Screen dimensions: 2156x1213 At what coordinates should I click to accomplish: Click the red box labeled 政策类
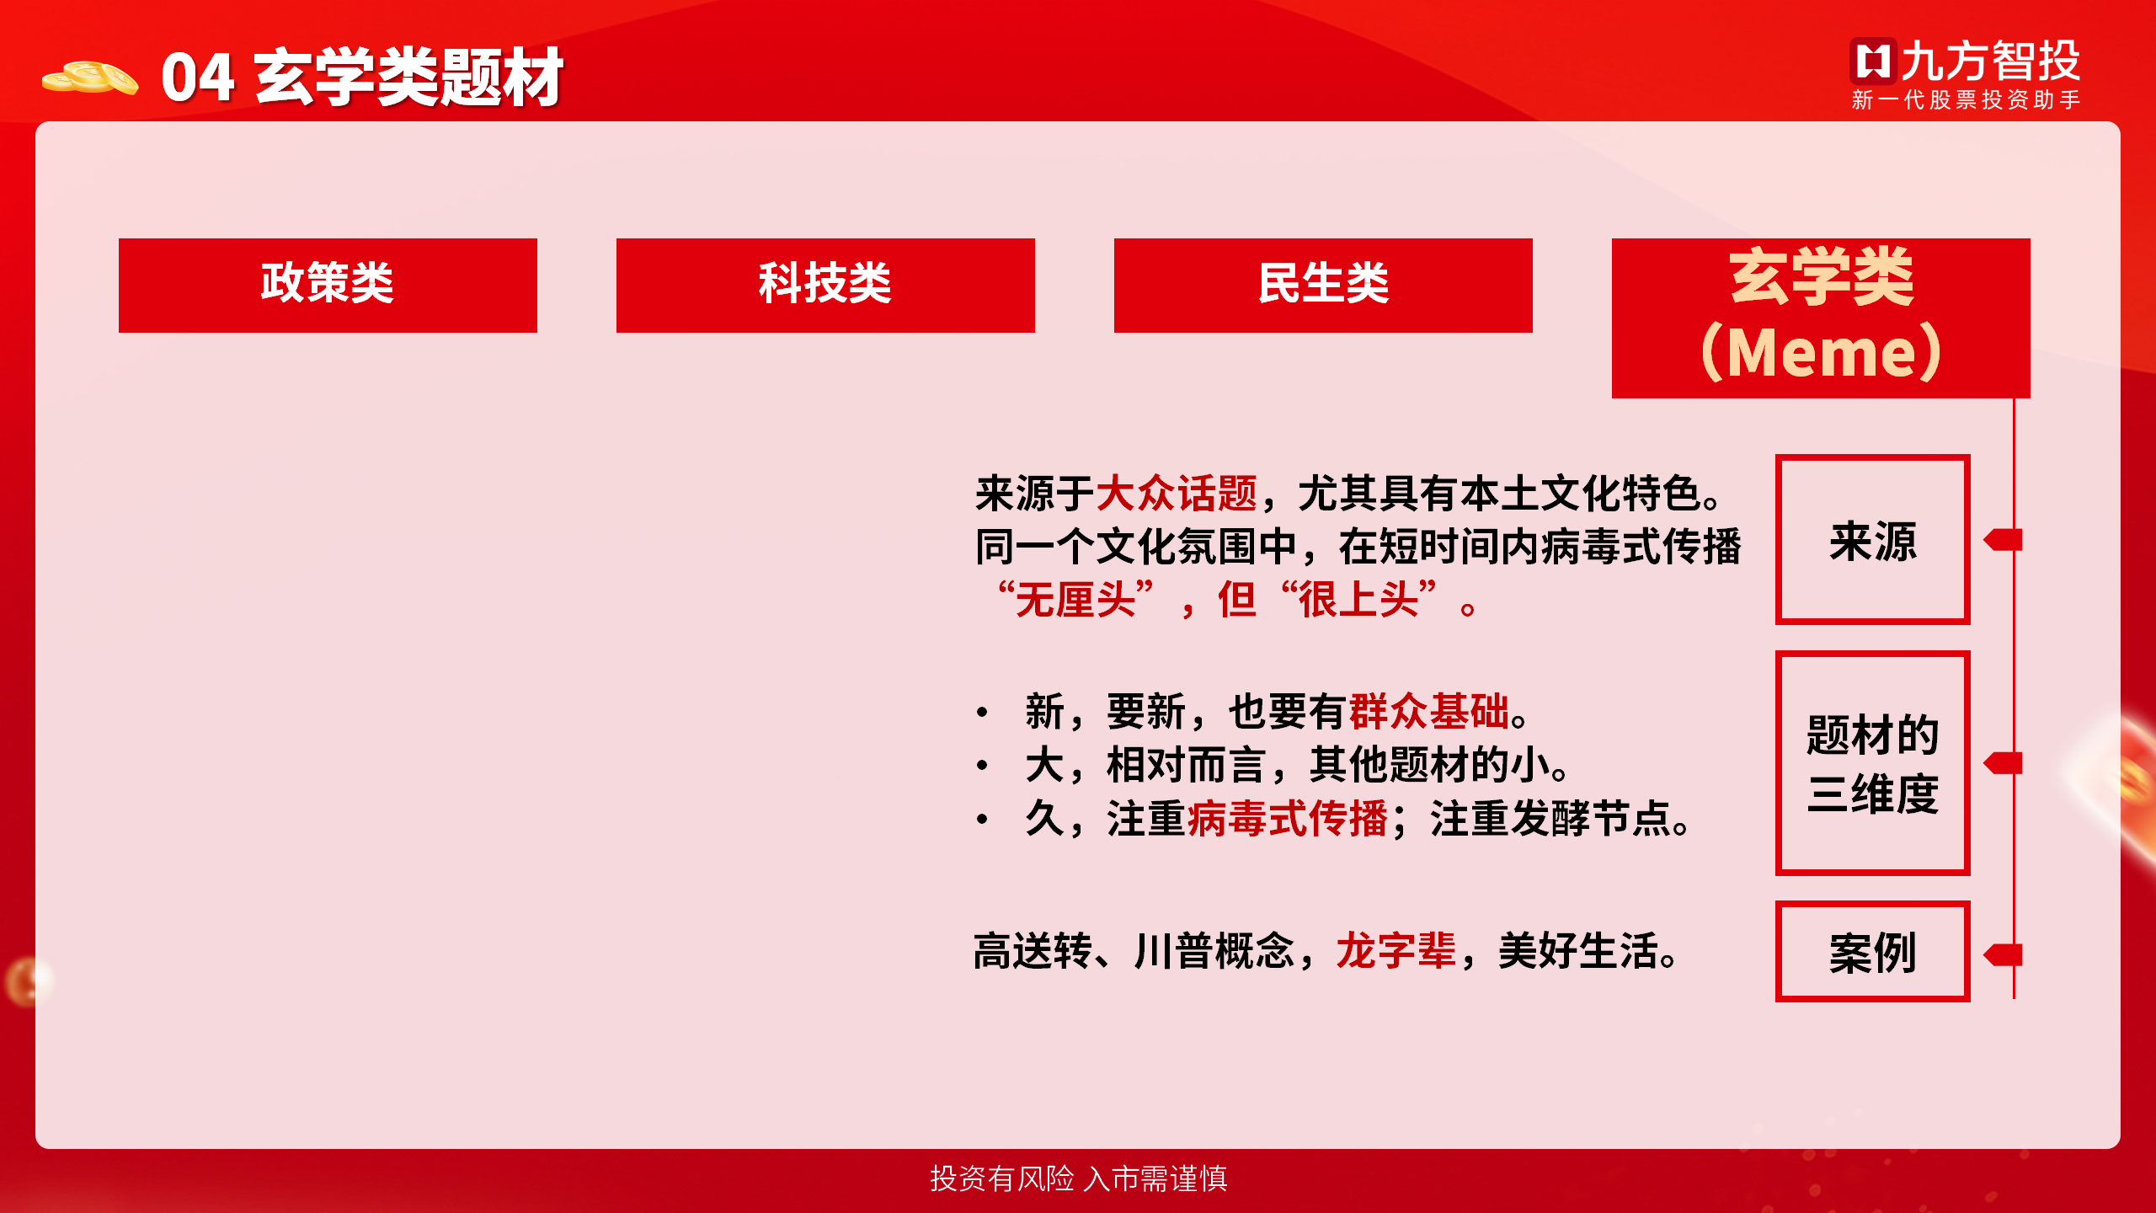coord(328,285)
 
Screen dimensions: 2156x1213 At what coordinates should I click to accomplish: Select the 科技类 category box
coord(825,285)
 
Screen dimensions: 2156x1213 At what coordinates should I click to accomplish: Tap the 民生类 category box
coord(1323,285)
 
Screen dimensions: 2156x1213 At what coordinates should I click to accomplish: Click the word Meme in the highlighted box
coord(1822,353)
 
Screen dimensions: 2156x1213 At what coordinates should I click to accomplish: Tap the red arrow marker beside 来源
coord(2003,540)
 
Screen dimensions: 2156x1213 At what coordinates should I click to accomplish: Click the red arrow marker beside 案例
coord(2003,955)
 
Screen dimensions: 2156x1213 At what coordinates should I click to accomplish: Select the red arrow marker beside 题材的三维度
coord(2003,763)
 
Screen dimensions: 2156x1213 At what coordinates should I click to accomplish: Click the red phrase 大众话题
coord(1177,494)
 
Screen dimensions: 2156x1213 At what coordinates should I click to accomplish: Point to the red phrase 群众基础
coord(1429,712)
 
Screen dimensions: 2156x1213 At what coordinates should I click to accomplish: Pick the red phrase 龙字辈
coord(1396,951)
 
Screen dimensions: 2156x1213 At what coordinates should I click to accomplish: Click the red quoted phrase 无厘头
coord(1075,601)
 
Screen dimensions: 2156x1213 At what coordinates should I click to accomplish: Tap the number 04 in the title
coord(198,77)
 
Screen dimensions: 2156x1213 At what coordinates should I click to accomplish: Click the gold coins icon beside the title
coord(90,78)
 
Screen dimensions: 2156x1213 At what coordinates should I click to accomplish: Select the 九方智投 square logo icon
coord(1874,61)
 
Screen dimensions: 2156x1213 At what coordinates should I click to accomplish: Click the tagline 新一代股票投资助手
coord(1966,100)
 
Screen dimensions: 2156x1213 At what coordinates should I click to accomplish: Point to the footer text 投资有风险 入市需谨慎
coord(1079,1178)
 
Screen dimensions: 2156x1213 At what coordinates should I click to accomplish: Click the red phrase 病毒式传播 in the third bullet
coord(1288,819)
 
